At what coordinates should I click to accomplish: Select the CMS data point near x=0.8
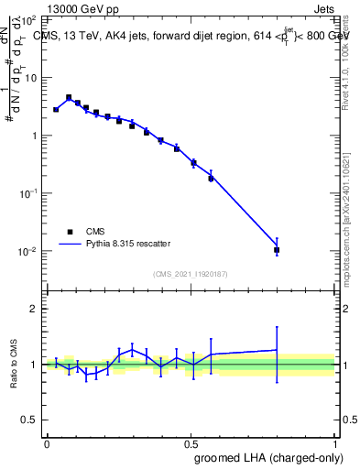click(277, 250)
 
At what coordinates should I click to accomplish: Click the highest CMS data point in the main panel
click(69, 97)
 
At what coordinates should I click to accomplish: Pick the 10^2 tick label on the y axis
click(29, 20)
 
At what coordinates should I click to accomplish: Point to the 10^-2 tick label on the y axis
click(29, 251)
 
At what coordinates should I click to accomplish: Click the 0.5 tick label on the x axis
click(191, 442)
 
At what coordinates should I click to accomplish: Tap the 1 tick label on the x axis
click(335, 442)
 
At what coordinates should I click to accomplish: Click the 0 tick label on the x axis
click(47, 442)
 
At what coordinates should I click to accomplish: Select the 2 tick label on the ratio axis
click(34, 309)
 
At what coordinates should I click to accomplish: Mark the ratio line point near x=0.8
click(277, 350)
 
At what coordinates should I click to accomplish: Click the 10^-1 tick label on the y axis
click(29, 193)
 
